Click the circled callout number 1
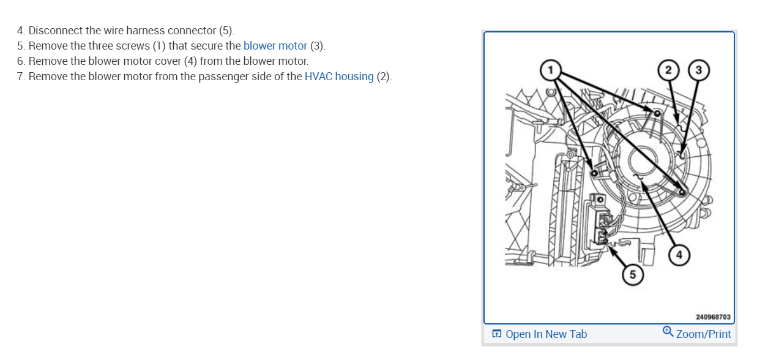click(x=550, y=69)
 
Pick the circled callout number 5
click(x=633, y=275)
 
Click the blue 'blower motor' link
click(x=275, y=46)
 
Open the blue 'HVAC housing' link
click(x=339, y=77)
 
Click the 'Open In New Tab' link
click(x=546, y=334)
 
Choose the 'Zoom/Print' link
click(x=704, y=334)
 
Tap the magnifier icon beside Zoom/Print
click(x=668, y=332)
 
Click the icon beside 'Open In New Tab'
click(x=497, y=334)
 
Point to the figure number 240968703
click(x=713, y=317)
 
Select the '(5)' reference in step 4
click(x=226, y=31)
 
